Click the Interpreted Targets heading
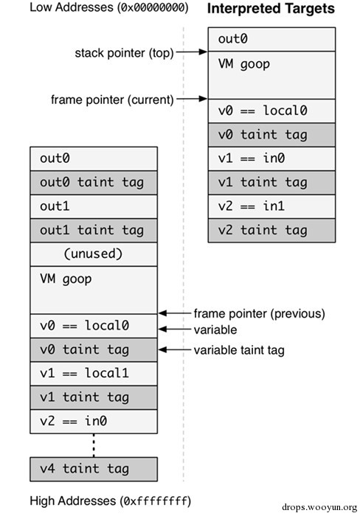tap(271, 10)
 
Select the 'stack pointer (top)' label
tap(123, 53)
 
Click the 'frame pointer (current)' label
tap(111, 99)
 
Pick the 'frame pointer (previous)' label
tap(258, 313)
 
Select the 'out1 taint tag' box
tap(94, 230)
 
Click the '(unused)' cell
tap(94, 254)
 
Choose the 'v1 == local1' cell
tap(94, 373)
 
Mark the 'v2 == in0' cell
tap(94, 421)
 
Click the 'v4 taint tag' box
tap(94, 468)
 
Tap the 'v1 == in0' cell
tap(271, 158)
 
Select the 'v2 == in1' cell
tap(271, 206)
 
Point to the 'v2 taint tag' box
tap(271, 231)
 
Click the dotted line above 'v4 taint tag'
tap(94, 444)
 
